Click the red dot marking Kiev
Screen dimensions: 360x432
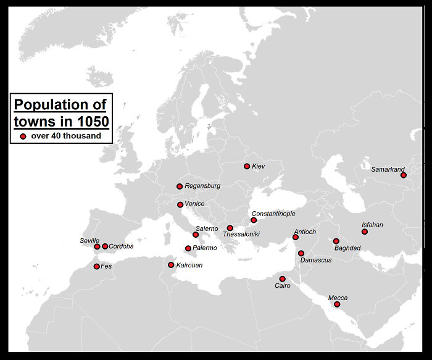pos(247,166)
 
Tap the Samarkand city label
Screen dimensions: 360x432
pos(388,169)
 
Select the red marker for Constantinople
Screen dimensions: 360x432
pos(254,220)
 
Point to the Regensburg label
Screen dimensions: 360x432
pos(202,186)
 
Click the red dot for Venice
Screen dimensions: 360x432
pos(180,204)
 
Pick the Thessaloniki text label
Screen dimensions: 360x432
pos(241,235)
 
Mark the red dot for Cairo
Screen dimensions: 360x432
pos(283,278)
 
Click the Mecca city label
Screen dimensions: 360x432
pos(338,298)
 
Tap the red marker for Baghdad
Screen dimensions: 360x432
pos(336,241)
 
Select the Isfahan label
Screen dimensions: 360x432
pos(372,225)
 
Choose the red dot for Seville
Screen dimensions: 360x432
pos(97,246)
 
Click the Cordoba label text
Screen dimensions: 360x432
pos(121,246)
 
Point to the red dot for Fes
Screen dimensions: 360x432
pos(96,266)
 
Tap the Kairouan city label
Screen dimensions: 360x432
pos(189,266)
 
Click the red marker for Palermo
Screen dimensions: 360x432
pos(188,248)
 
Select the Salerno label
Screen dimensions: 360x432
pos(207,228)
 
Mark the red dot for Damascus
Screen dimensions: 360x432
pos(301,253)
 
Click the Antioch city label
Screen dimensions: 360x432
pos(305,232)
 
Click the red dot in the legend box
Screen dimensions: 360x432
pos(23,136)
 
